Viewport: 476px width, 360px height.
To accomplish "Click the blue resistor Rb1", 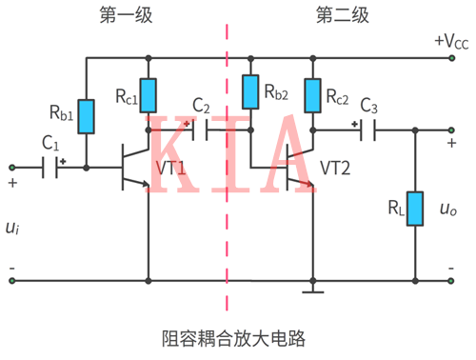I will point(87,116).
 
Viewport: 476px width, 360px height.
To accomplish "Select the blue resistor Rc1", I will point(149,95).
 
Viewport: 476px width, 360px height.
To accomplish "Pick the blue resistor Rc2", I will point(312,95).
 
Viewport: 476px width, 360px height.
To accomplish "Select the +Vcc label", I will point(451,41).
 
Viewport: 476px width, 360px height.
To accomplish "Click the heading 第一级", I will point(123,15).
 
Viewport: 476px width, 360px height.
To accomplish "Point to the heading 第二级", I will point(339,15).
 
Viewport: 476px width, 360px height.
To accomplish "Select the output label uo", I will point(448,208).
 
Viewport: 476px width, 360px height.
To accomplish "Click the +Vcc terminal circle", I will point(449,58).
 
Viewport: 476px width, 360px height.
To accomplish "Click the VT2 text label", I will point(336,168).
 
